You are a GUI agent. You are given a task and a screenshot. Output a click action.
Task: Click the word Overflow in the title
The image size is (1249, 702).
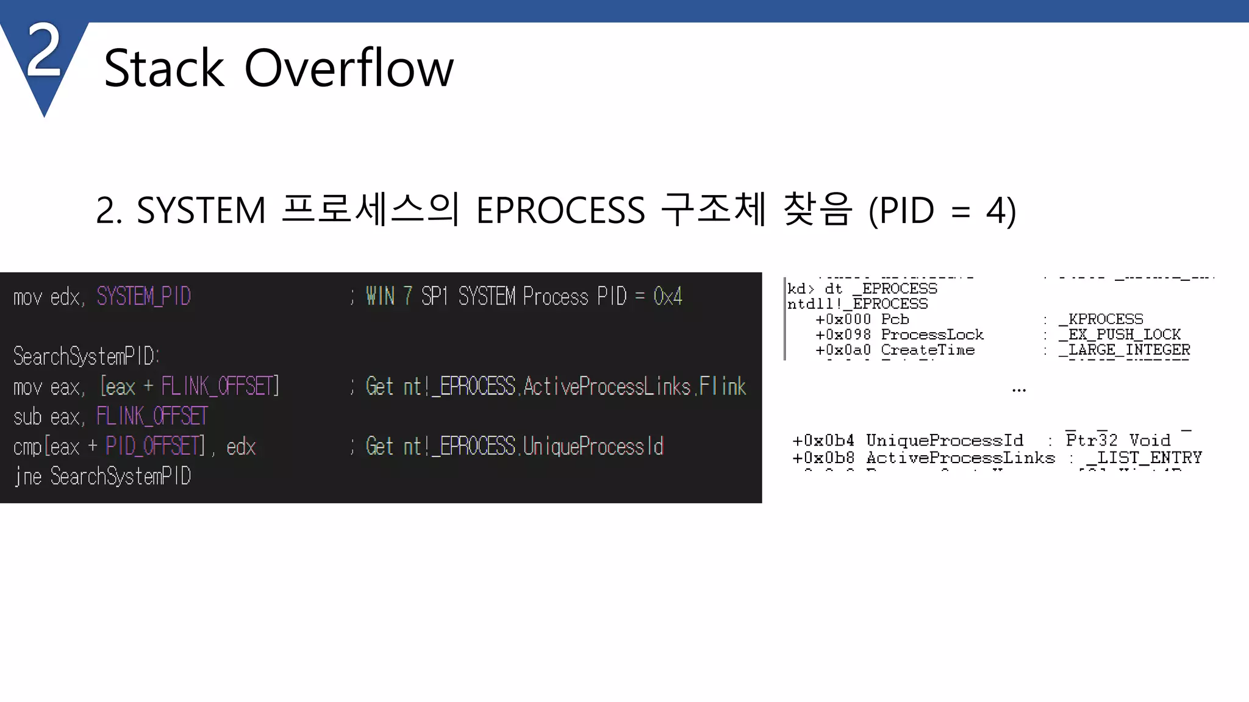[349, 68]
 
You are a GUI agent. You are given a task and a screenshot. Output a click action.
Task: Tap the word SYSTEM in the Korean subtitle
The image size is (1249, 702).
[201, 211]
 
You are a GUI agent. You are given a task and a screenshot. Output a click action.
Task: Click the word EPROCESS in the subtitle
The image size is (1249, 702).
[560, 211]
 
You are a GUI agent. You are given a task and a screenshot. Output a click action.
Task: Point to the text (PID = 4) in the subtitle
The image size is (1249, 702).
[942, 211]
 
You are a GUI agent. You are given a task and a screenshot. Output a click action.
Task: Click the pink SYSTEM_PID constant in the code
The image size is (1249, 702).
[144, 297]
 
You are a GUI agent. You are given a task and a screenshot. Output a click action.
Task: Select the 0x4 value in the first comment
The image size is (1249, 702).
[667, 297]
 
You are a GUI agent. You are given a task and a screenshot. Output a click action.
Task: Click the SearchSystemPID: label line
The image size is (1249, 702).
[87, 356]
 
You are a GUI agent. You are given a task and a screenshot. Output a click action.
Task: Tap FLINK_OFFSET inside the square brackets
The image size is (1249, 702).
[217, 386]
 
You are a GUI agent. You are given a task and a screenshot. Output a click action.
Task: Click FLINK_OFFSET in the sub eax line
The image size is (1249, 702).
[152, 417]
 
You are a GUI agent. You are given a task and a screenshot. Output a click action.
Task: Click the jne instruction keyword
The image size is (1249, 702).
[27, 477]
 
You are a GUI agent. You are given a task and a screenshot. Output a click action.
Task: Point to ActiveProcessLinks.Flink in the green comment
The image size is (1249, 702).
[634, 386]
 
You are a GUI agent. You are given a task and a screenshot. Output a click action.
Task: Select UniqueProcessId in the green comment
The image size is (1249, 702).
[593, 447]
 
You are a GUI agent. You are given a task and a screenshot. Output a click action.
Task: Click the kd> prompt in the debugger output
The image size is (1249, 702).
[800, 289]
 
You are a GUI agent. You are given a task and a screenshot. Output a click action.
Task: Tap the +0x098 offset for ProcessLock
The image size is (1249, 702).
[843, 335]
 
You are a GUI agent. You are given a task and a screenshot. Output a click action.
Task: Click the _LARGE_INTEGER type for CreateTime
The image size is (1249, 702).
[1124, 350]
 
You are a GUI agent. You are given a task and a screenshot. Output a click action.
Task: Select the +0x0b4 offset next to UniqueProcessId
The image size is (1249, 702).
[823, 441]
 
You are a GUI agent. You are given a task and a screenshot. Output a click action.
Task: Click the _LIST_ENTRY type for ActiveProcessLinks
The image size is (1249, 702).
[1144, 458]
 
